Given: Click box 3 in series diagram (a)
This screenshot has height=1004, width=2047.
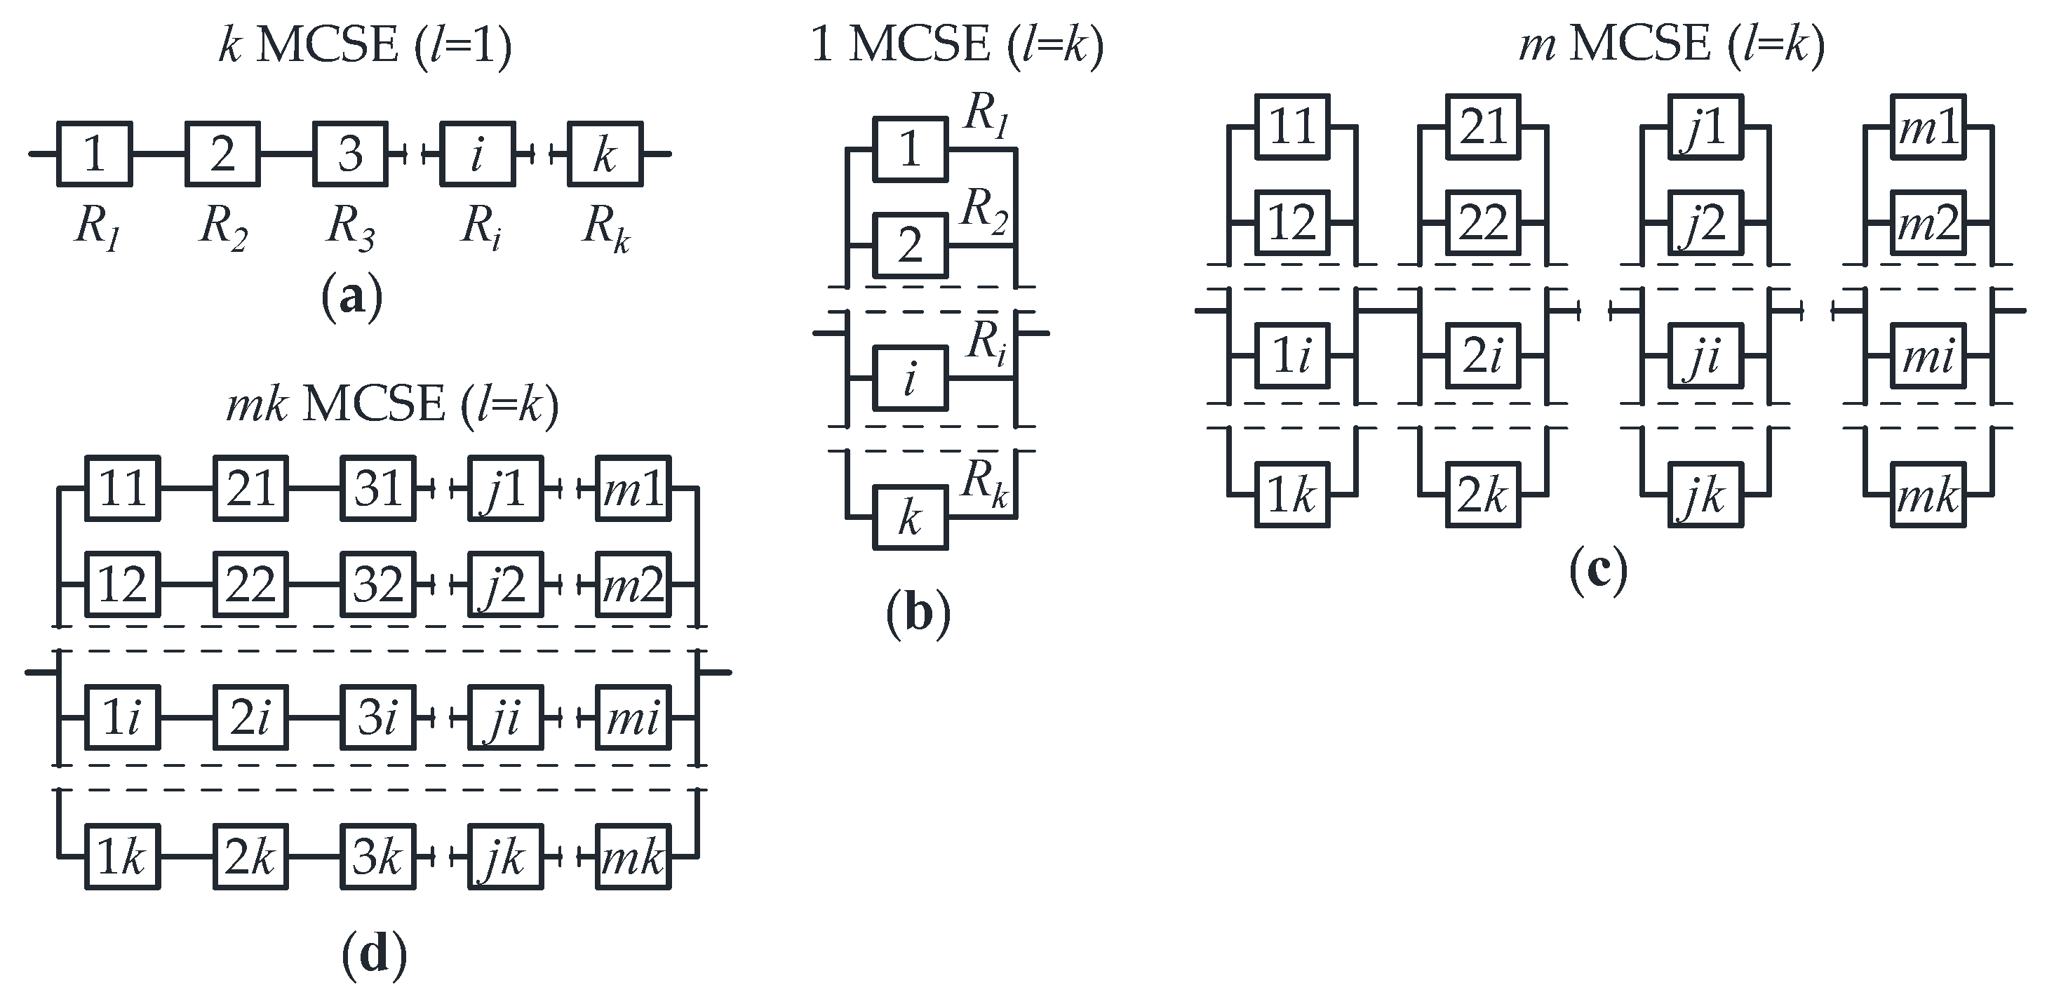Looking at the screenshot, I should [351, 154].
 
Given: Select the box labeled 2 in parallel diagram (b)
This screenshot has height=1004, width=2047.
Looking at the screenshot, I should [911, 246].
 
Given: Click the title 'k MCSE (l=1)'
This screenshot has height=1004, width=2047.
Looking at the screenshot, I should [365, 46].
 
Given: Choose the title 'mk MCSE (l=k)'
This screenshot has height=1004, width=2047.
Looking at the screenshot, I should [393, 406].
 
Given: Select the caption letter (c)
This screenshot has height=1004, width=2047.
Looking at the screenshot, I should [1598, 571].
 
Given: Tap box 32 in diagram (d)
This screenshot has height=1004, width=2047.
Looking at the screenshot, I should [378, 585].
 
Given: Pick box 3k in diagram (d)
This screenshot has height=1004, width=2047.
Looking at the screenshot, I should [378, 857].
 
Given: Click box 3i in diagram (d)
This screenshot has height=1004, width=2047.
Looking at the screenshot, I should [378, 718].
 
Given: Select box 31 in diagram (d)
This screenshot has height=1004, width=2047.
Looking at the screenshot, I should [378, 488].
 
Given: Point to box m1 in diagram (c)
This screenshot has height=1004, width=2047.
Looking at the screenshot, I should [1928, 127].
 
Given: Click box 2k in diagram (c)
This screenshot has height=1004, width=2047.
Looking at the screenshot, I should [1483, 495].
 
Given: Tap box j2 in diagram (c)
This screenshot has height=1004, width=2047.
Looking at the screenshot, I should [1705, 223].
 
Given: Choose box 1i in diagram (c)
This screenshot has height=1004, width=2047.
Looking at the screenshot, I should [1292, 355].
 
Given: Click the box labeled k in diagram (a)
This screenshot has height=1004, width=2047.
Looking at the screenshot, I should [605, 154].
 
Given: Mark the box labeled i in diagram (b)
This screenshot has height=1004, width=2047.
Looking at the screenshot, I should [911, 379].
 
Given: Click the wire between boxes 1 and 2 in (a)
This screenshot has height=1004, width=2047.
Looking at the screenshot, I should [159, 154].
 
